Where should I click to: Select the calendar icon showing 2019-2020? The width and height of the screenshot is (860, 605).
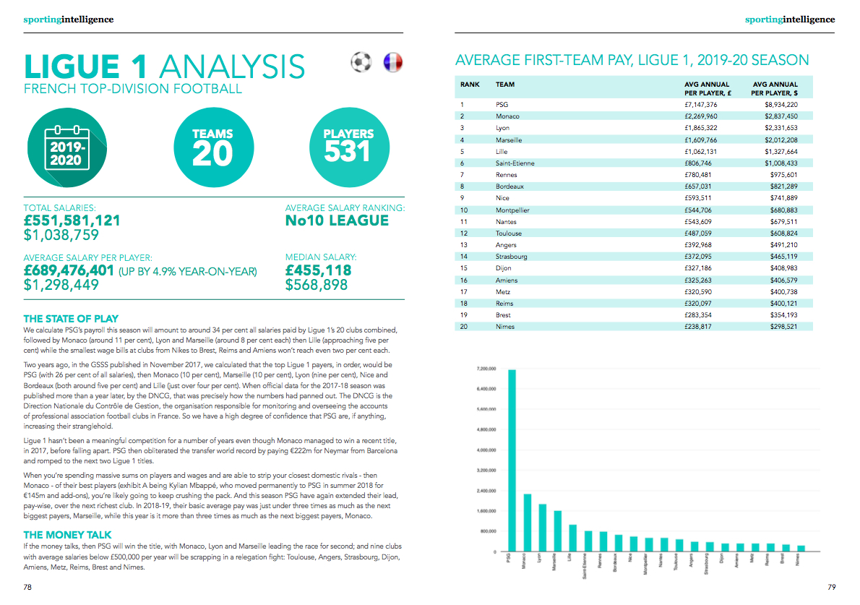click(x=67, y=148)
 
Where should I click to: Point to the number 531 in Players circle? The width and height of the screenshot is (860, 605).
click(x=348, y=151)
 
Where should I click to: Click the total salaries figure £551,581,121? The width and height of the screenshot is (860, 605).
click(x=72, y=220)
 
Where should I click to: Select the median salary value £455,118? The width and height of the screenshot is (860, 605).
click(x=319, y=270)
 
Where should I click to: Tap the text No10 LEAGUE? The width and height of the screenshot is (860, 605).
click(x=337, y=220)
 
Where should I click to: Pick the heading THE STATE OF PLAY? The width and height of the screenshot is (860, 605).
click(x=71, y=319)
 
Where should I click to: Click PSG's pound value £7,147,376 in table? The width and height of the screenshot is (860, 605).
click(x=701, y=105)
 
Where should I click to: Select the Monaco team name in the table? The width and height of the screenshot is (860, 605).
click(x=507, y=116)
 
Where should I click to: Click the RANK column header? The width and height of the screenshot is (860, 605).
click(x=470, y=85)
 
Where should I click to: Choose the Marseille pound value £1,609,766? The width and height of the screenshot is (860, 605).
click(x=701, y=140)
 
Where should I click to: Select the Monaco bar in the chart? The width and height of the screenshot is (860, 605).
click(x=527, y=523)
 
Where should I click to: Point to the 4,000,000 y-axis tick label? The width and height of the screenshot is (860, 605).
click(x=483, y=450)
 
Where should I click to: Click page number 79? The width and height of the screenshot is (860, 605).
click(x=831, y=587)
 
